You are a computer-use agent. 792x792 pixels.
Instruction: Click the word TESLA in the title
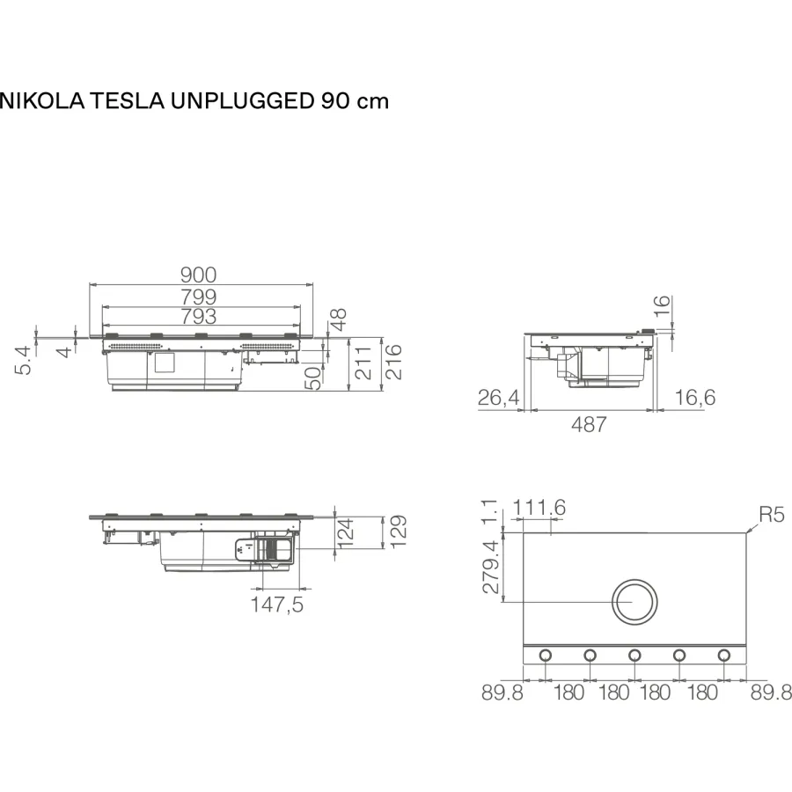coord(128,101)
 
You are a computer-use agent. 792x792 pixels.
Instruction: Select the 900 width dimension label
coord(199,275)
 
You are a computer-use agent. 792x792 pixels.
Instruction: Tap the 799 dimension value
coord(199,297)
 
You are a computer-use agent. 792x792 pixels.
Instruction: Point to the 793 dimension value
coord(199,317)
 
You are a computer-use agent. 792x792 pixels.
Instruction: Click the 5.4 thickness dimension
coord(24,361)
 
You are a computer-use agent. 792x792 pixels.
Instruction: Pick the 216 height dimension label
coord(393,363)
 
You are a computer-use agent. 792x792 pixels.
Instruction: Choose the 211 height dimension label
coord(363,363)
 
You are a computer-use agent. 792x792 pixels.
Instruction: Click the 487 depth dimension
coord(589,424)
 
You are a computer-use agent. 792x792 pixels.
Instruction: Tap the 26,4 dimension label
coord(499,398)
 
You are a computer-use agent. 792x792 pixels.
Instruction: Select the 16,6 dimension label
coord(695,398)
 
